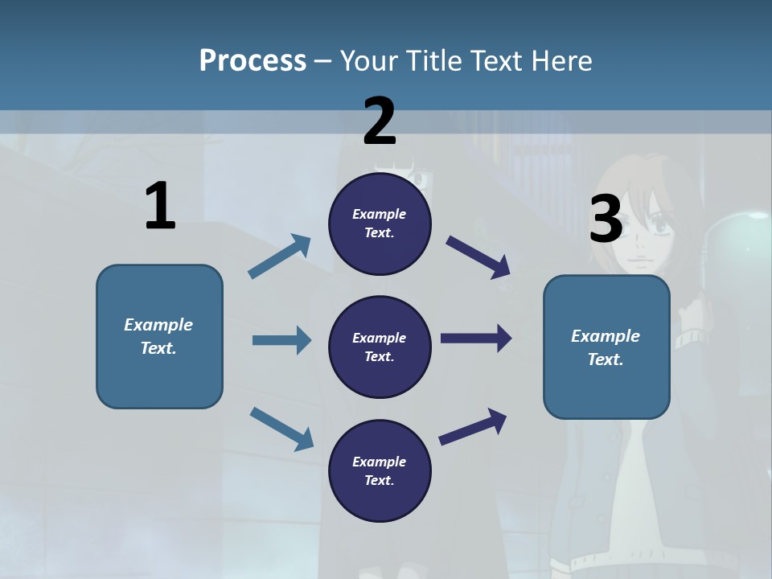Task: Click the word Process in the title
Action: pyautogui.click(x=253, y=61)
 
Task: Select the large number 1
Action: pyautogui.click(x=160, y=207)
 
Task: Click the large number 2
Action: pyautogui.click(x=380, y=121)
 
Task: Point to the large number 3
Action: pyautogui.click(x=606, y=220)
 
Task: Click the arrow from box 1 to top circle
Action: pyautogui.click(x=279, y=257)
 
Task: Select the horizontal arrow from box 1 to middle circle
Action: pyautogui.click(x=281, y=340)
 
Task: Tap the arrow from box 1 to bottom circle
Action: pyautogui.click(x=281, y=429)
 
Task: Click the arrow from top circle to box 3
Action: pyautogui.click(x=478, y=257)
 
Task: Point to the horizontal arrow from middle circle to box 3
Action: pyautogui.click(x=476, y=339)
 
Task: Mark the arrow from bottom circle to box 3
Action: pyautogui.click(x=473, y=426)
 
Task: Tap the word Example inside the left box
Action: pyautogui.click(x=158, y=325)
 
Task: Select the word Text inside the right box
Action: pyautogui.click(x=606, y=359)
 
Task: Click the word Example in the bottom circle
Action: pyautogui.click(x=380, y=462)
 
